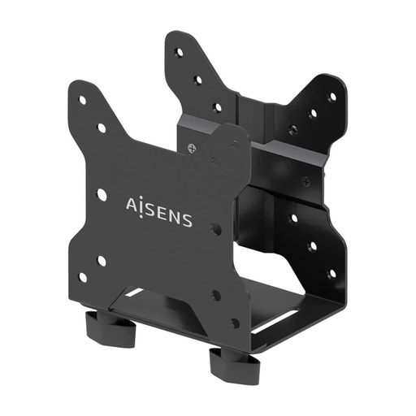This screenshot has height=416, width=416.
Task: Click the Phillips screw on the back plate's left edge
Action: pos(192,148)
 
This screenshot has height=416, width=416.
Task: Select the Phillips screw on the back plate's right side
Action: pos(305,180)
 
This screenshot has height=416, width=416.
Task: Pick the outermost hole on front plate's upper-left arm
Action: pos(82,101)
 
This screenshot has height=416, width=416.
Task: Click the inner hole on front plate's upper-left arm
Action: pos(102,128)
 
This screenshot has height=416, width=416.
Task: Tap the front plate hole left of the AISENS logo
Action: pos(102,194)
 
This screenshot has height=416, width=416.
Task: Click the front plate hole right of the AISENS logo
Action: pos(215,229)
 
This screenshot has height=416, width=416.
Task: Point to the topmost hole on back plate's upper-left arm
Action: pos(179,53)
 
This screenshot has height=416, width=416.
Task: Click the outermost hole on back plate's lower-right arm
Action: pos(331,273)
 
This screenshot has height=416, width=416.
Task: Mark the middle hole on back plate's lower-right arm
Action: pos(313,245)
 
